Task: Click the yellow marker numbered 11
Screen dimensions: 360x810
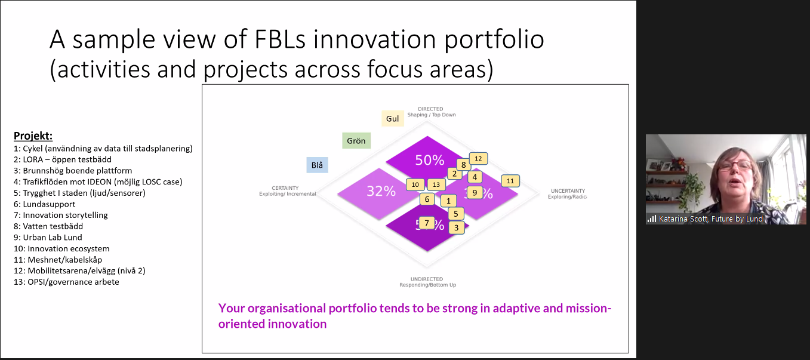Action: (510, 181)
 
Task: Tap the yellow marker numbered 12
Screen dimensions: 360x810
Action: (478, 159)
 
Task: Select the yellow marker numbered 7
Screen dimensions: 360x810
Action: (426, 223)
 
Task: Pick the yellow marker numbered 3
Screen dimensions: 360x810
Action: (456, 227)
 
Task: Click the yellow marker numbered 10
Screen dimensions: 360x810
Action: (415, 185)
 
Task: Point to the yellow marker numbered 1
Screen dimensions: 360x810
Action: (448, 201)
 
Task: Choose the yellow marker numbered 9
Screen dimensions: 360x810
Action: (475, 192)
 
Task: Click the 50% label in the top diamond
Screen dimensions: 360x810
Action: (430, 160)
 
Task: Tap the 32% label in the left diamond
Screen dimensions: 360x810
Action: (381, 192)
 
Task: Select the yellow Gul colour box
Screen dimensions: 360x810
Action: (392, 119)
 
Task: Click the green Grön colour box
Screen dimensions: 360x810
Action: (356, 141)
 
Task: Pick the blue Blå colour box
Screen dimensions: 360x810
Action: (317, 165)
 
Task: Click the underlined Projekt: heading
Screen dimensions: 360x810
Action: (33, 136)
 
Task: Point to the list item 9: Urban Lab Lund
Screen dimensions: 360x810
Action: (48, 238)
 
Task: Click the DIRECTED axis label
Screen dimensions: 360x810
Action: (430, 109)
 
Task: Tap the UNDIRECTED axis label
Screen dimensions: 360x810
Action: (427, 279)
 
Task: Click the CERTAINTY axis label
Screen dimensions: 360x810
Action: (285, 188)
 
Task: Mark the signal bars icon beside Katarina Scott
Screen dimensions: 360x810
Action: (652, 219)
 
